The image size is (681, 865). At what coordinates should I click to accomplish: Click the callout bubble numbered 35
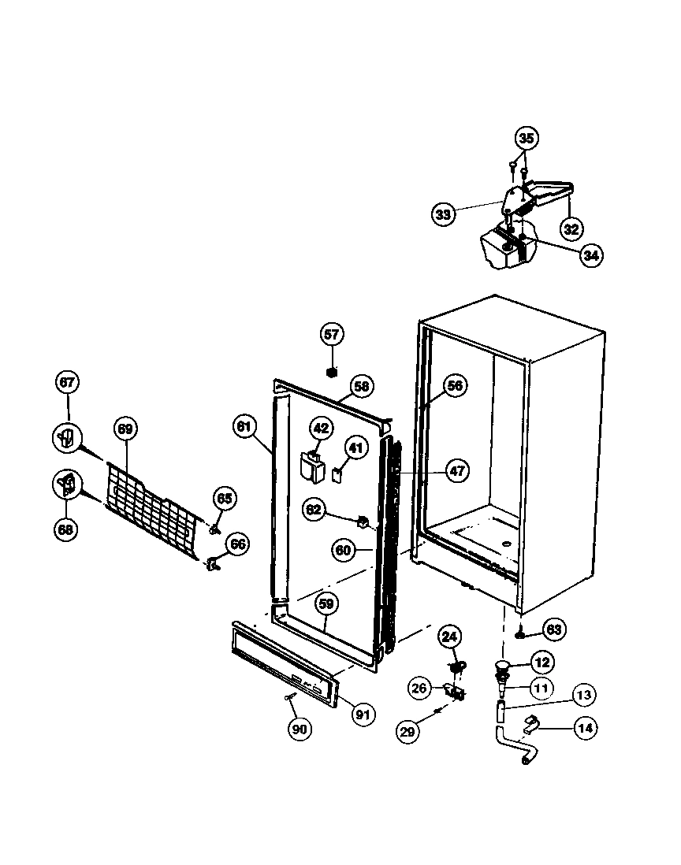click(x=527, y=139)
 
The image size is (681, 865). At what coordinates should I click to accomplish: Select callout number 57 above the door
click(x=332, y=334)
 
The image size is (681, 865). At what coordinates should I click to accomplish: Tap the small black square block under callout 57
click(x=332, y=369)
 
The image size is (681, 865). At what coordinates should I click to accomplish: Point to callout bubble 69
click(x=125, y=429)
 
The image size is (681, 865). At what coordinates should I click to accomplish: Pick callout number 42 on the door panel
click(x=320, y=429)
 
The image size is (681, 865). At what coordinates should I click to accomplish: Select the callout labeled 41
click(x=356, y=448)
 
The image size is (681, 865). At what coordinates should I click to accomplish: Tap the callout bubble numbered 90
click(x=299, y=729)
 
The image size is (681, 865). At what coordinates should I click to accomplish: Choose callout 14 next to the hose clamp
click(x=585, y=728)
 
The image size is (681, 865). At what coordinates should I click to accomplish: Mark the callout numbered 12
click(x=542, y=663)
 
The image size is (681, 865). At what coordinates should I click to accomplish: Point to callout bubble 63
click(x=554, y=629)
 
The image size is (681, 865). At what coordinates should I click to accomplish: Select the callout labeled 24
click(x=449, y=637)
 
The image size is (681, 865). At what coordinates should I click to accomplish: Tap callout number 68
click(x=65, y=529)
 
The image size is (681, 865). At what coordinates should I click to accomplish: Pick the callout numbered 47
click(x=457, y=472)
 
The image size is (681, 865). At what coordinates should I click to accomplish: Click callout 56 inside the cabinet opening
click(x=455, y=385)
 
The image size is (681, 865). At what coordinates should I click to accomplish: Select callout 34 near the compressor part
click(x=590, y=255)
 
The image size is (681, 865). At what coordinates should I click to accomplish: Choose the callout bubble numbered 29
click(x=407, y=731)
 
